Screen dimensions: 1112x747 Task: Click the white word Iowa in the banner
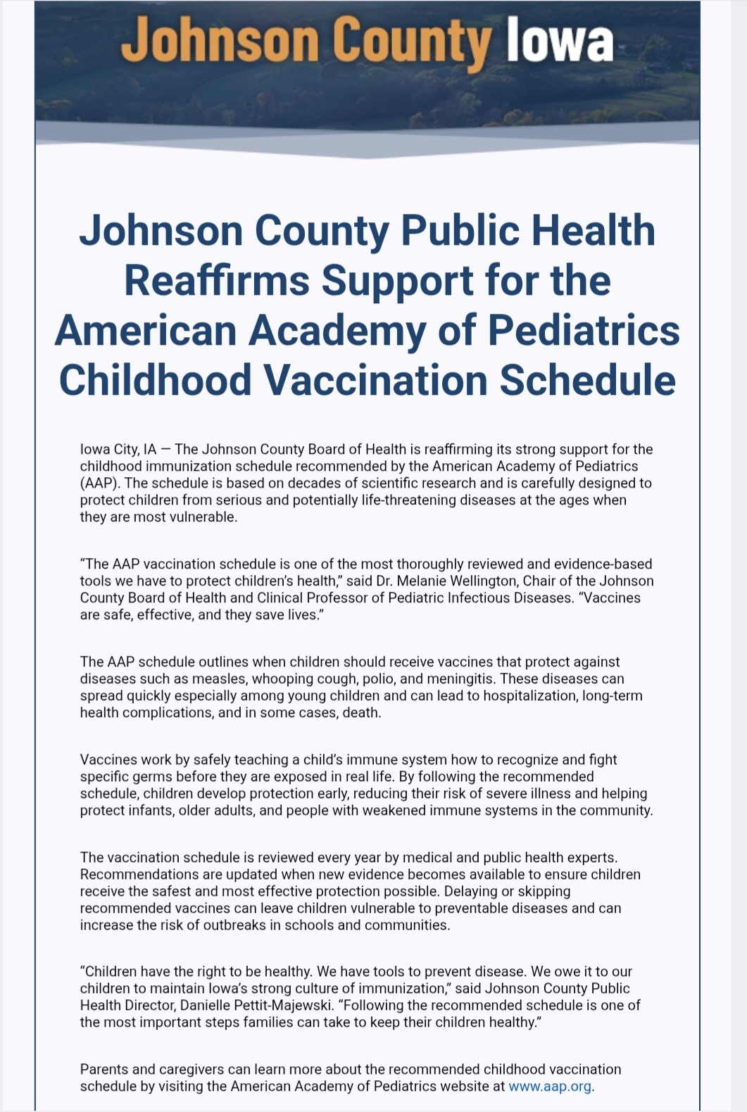pos(559,40)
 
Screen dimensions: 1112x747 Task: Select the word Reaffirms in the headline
pos(217,280)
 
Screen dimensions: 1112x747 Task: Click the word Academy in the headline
pos(337,330)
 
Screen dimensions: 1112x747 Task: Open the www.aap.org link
pos(550,1086)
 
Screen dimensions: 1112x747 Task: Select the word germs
pos(145,776)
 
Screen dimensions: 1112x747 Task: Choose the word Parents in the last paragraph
pos(104,1069)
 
